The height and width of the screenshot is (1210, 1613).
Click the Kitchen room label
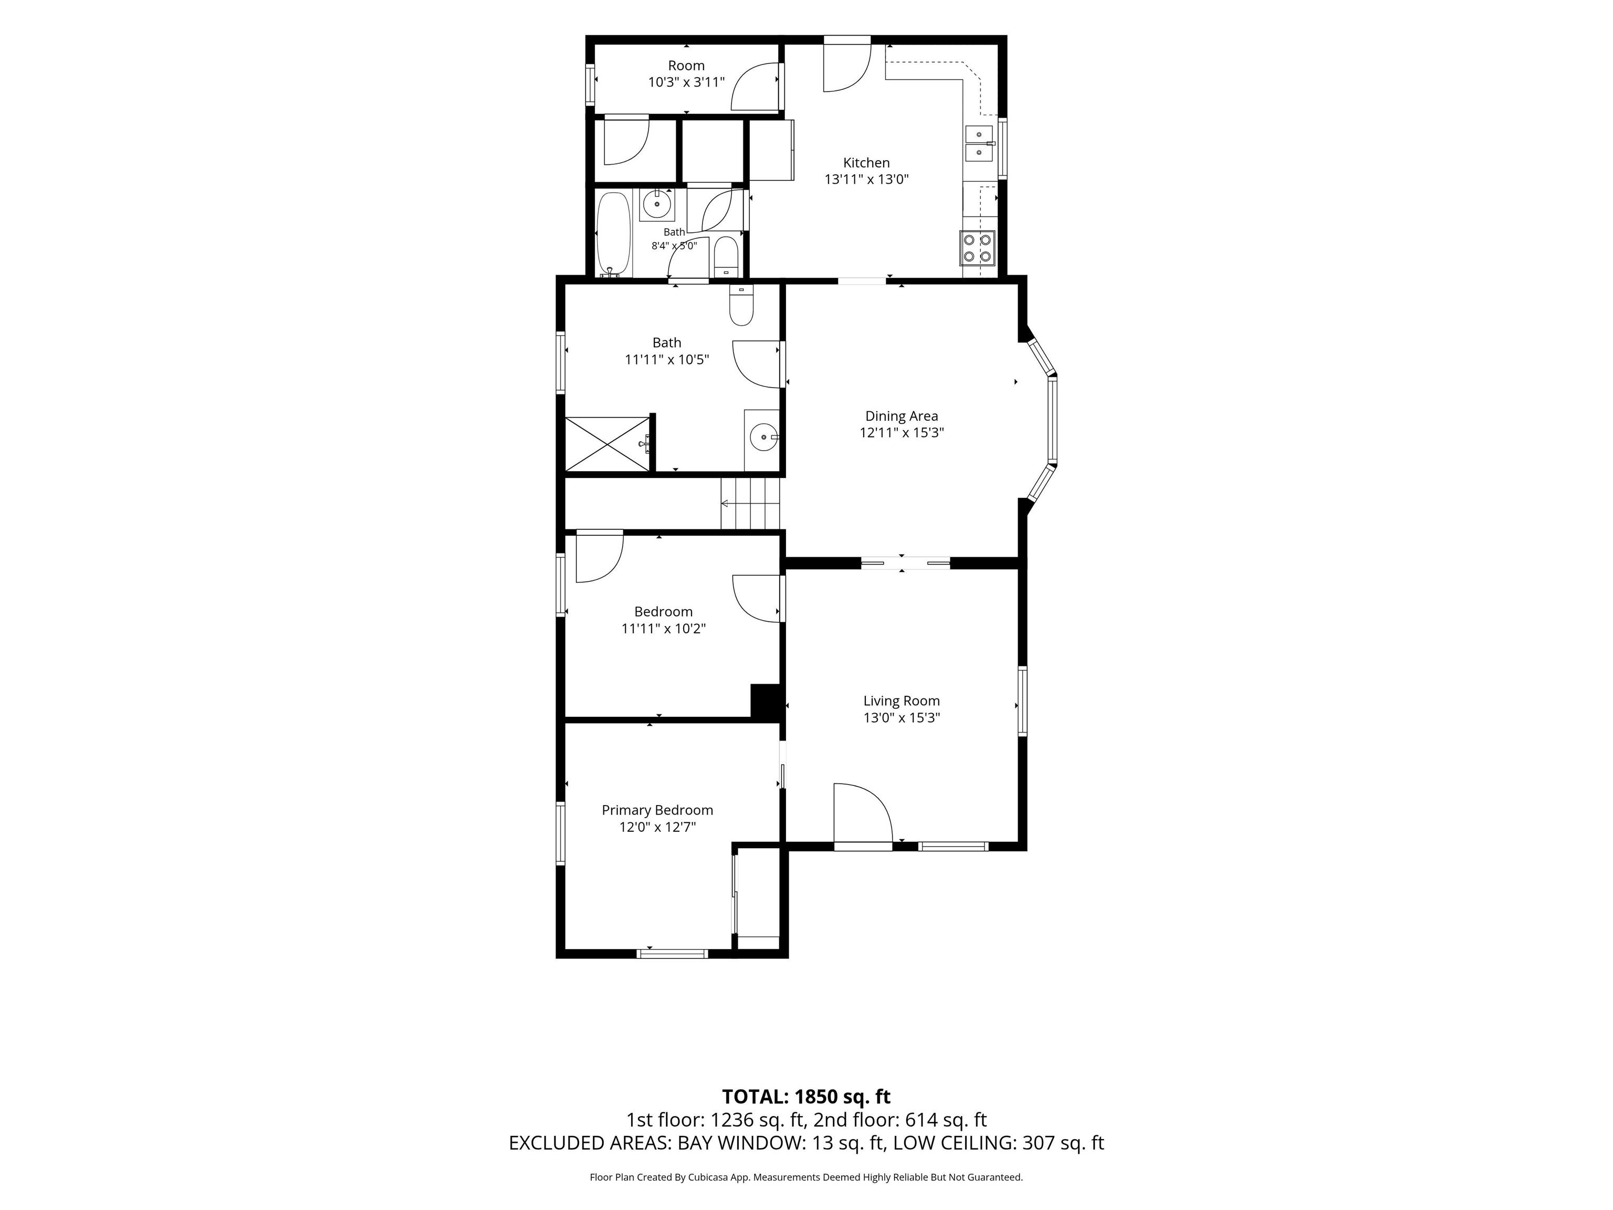click(x=866, y=163)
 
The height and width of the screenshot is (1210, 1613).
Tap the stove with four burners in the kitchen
click(x=977, y=248)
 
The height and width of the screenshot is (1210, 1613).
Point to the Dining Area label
click(x=902, y=416)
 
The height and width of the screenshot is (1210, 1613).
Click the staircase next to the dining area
click(x=750, y=503)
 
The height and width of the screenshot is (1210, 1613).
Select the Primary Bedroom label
click(x=657, y=810)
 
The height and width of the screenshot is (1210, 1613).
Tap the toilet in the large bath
click(x=741, y=305)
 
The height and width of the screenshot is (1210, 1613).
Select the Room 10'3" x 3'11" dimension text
click(x=686, y=82)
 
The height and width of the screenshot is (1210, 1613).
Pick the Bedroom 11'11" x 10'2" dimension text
click(x=663, y=629)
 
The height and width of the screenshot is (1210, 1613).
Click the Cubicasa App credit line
click(x=806, y=1177)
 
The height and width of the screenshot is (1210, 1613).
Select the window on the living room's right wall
click(x=1022, y=700)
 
